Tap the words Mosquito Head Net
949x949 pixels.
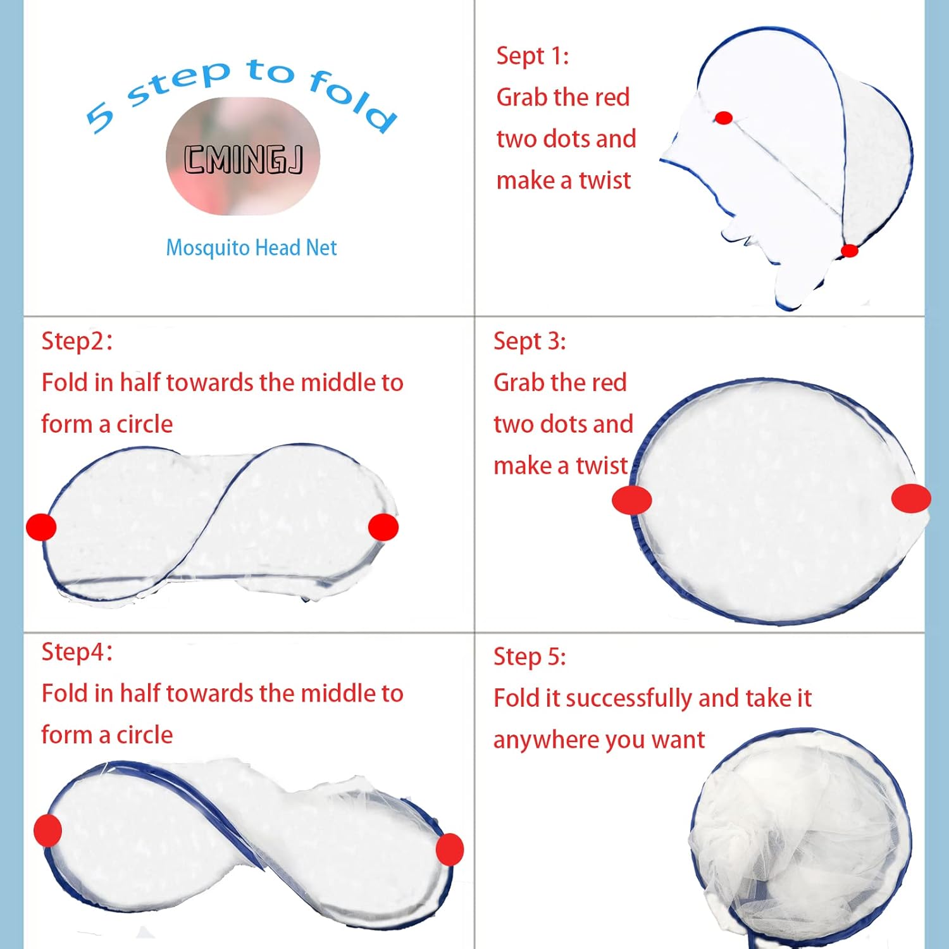click(x=251, y=247)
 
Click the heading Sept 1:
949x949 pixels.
click(x=532, y=56)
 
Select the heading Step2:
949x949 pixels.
click(x=77, y=341)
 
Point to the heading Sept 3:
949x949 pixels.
click(x=530, y=341)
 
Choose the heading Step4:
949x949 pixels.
click(x=77, y=652)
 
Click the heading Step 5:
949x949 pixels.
click(x=530, y=657)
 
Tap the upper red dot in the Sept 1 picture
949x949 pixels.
click(x=724, y=118)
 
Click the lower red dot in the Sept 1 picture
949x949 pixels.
click(x=849, y=251)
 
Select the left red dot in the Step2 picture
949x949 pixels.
click(x=41, y=527)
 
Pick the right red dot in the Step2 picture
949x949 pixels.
click(x=383, y=527)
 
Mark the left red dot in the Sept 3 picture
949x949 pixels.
click(x=631, y=500)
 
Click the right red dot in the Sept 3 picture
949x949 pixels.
click(x=911, y=498)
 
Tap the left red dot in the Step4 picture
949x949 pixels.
click(x=47, y=830)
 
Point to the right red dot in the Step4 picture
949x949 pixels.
click(x=450, y=849)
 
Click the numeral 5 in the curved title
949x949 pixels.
click(x=101, y=117)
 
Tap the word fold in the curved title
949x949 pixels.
click(x=352, y=100)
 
